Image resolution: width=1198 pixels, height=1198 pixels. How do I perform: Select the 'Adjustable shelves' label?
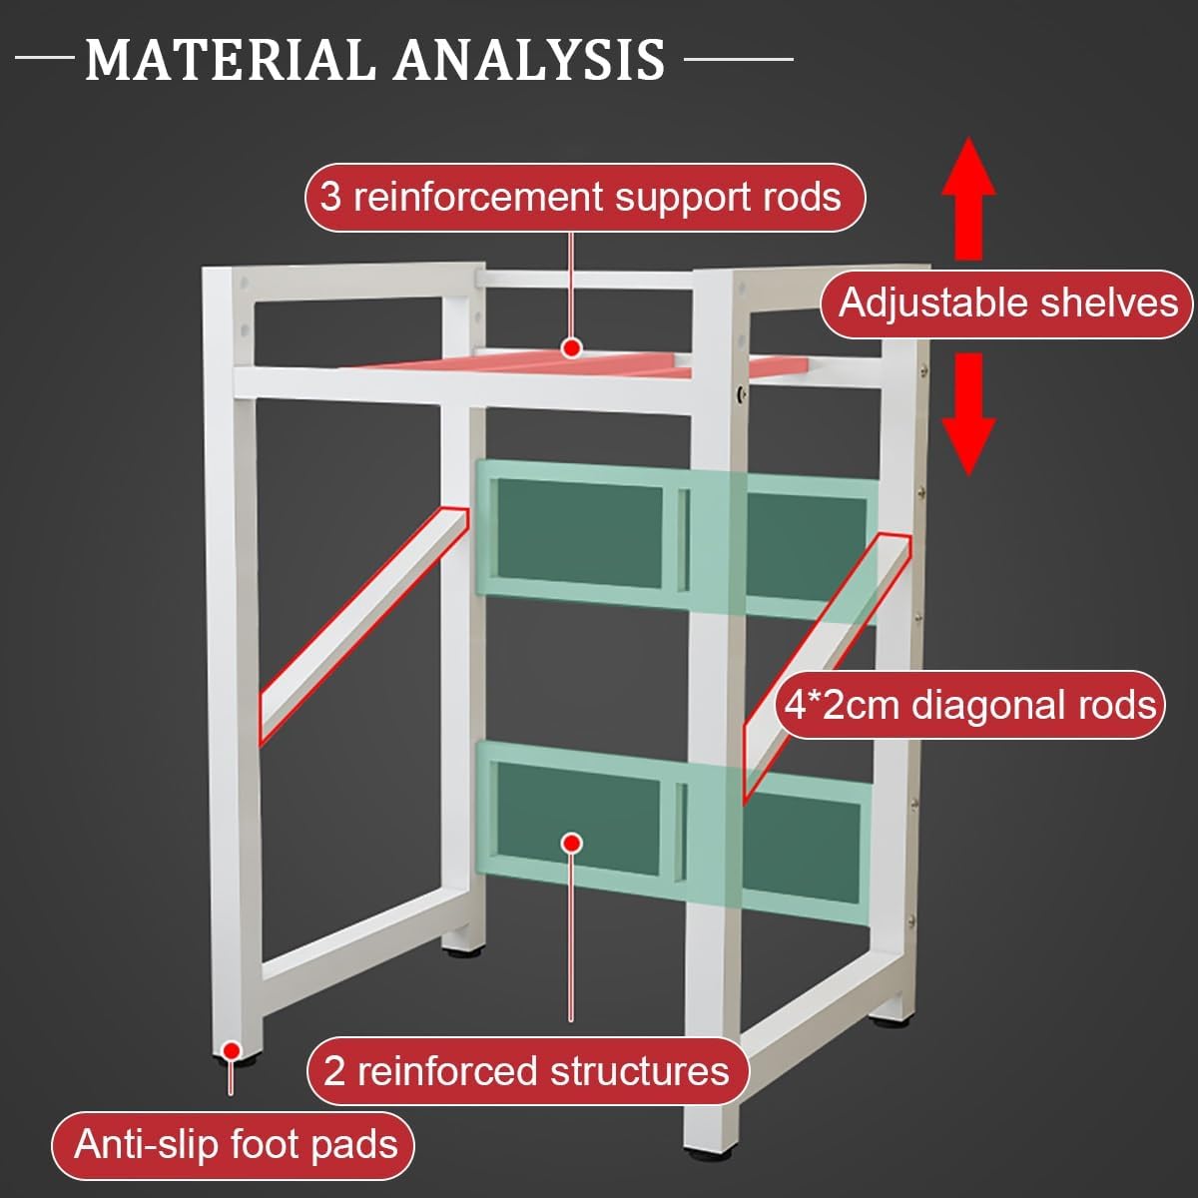(x=1007, y=302)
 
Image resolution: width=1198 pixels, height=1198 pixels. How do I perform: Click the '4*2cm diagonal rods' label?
(x=969, y=705)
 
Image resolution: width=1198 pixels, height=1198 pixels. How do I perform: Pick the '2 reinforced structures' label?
(x=526, y=1071)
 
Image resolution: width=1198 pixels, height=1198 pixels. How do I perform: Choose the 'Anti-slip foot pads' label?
(x=236, y=1144)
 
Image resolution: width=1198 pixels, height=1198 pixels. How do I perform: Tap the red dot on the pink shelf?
(x=571, y=347)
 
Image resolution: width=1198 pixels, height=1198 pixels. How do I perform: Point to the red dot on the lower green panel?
(x=571, y=844)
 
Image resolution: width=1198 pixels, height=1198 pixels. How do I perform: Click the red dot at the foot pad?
(x=231, y=1050)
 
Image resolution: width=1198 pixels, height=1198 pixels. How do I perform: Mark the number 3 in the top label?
(x=330, y=198)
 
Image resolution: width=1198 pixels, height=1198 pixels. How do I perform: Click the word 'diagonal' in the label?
(x=977, y=705)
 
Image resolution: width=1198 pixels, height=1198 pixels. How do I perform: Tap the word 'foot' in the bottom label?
(x=265, y=1144)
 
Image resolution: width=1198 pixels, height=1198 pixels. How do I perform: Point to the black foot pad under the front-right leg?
(x=885, y=1020)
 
